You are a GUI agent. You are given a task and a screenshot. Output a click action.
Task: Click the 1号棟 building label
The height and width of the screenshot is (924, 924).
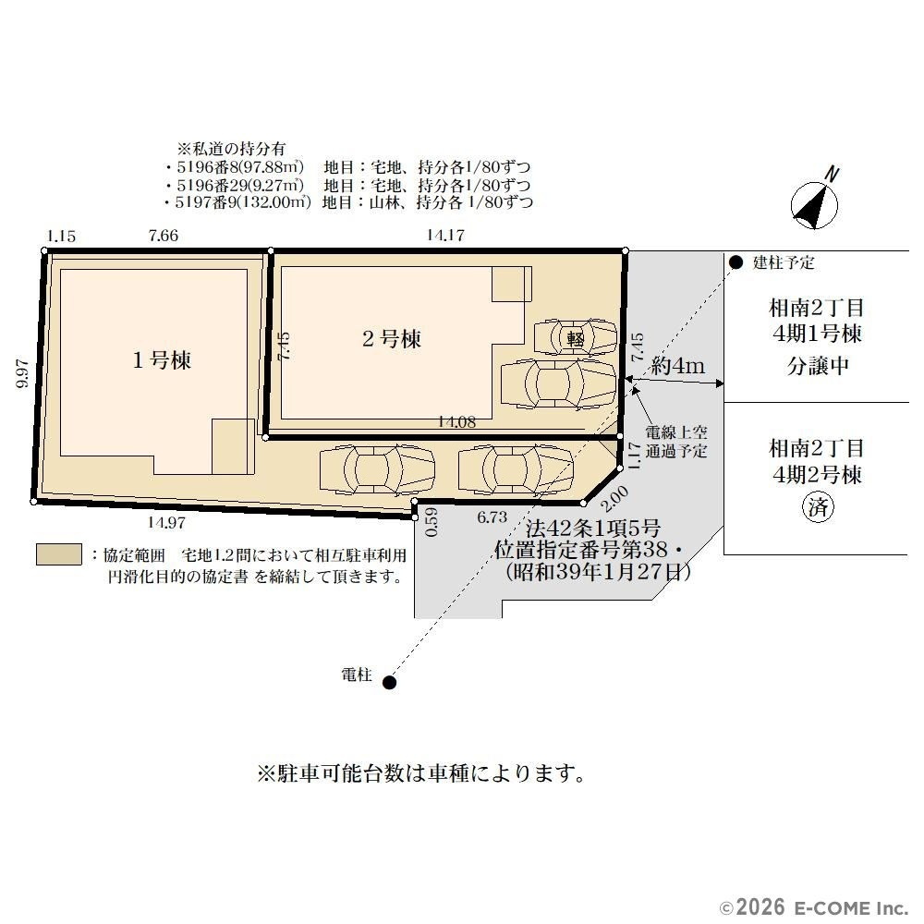[162, 359]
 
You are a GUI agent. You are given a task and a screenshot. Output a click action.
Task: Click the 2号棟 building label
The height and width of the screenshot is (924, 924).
[391, 339]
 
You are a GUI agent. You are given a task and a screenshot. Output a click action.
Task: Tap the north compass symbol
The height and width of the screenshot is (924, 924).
[816, 201]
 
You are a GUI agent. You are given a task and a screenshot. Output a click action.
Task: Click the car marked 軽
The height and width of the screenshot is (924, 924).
[575, 338]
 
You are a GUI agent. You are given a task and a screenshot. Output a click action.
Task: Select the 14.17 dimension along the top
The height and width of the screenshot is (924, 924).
[445, 235]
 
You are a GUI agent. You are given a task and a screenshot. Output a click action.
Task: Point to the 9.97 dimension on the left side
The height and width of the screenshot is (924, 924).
[22, 373]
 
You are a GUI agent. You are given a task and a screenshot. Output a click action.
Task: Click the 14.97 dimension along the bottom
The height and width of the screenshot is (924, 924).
[166, 522]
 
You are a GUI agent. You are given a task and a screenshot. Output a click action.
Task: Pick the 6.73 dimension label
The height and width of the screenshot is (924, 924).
[492, 517]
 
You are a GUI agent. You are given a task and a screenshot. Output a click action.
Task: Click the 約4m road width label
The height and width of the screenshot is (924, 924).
[677, 366]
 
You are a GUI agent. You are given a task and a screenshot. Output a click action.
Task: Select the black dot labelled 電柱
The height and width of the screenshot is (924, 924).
[390, 683]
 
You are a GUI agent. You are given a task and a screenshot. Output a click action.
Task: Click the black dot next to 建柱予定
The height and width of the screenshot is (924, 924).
[736, 262]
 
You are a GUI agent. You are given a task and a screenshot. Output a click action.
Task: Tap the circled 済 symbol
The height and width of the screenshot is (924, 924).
[818, 507]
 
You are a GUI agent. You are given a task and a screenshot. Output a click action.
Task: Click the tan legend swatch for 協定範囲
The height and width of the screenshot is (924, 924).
[59, 554]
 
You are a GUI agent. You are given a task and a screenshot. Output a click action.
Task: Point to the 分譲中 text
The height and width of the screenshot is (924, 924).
[818, 366]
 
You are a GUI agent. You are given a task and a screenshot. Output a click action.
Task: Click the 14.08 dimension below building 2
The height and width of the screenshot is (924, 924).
[456, 422]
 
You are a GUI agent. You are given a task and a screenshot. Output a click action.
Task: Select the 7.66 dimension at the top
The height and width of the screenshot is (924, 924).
[164, 236]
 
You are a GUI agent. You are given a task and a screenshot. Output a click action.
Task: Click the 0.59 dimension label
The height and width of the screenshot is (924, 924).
[432, 522]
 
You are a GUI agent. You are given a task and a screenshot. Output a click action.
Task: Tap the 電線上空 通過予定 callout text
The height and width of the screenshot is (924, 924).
[676, 442]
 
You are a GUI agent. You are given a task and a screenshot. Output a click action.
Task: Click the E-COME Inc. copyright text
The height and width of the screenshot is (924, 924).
[814, 907]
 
